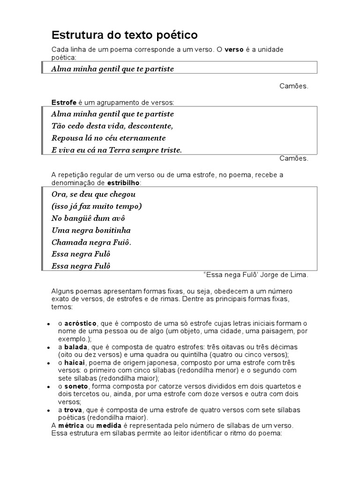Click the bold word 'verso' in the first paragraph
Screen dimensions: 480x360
tap(234, 50)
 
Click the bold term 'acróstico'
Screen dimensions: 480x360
tap(80, 323)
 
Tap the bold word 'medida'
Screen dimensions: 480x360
tap(109, 425)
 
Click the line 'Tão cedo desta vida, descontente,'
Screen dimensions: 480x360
tap(112, 126)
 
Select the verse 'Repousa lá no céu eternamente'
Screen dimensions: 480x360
tap(108, 138)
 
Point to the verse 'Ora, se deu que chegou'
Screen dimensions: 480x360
tap(94, 194)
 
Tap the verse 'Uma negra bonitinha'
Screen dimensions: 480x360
tap(91, 231)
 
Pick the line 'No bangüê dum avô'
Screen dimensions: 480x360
tap(89, 218)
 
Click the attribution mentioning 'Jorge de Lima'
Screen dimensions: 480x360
tap(256, 275)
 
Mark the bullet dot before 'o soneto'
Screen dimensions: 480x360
tap(49, 387)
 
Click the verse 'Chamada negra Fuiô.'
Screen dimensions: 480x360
tap(91, 243)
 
